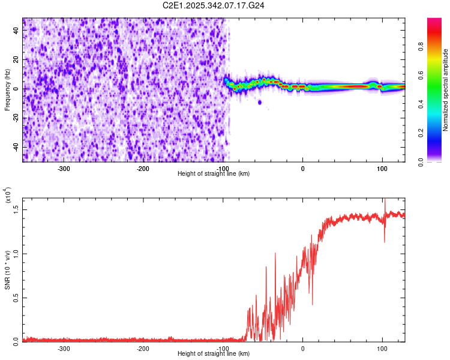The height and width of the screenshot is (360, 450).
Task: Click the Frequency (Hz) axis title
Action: click(7, 90)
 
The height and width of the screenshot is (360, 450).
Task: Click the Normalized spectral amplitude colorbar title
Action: click(445, 90)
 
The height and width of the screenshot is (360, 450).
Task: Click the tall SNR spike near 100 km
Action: click(384, 201)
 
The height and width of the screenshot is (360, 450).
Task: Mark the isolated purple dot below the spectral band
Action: click(260, 102)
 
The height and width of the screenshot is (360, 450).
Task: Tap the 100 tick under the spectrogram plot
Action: click(382, 168)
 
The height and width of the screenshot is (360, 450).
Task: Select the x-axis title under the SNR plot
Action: click(214, 354)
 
